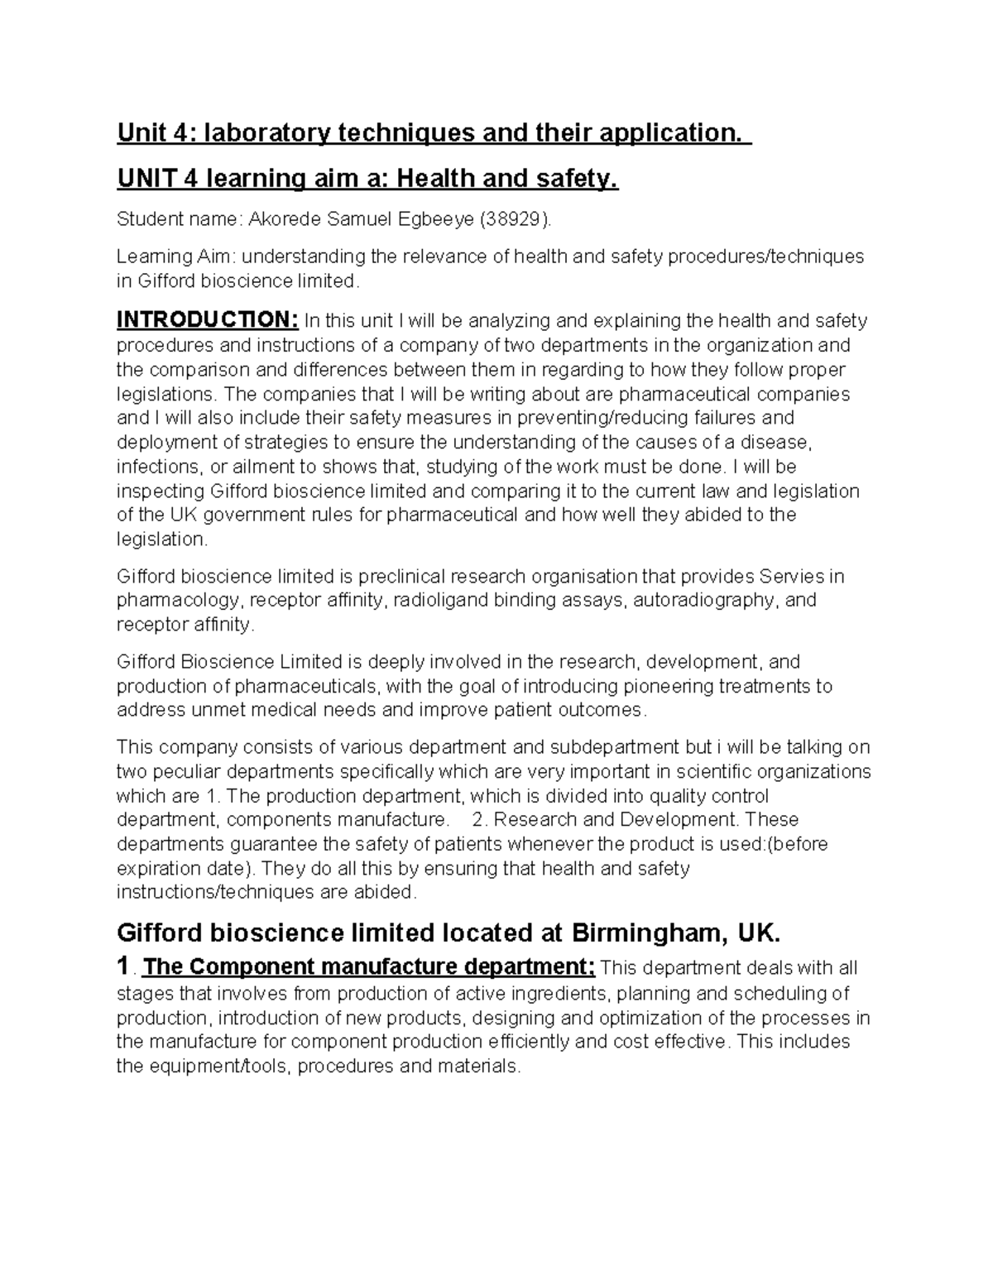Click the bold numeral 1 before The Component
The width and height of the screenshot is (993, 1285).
[123, 966]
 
